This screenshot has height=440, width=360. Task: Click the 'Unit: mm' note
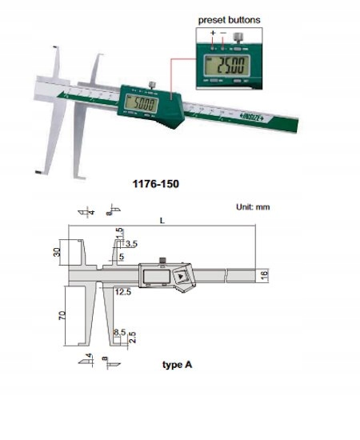254,206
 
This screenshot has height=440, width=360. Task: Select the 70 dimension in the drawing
58,314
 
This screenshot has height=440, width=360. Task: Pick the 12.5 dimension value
122,292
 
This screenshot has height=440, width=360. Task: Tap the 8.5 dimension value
120,330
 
